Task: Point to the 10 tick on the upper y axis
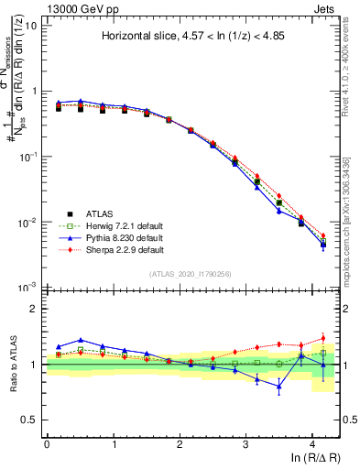[31, 25]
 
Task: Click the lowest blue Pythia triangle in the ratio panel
[279, 386]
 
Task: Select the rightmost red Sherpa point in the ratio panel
[322, 338]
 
